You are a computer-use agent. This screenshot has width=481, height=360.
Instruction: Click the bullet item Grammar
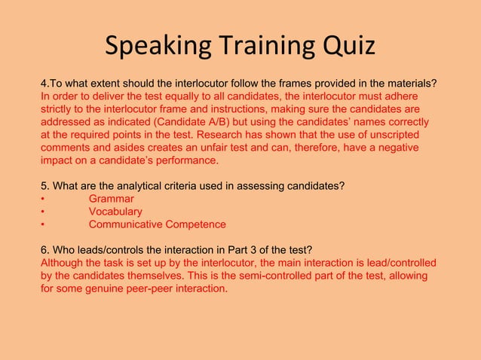tap(111, 199)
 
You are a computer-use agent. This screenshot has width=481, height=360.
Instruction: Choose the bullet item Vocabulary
tap(115, 212)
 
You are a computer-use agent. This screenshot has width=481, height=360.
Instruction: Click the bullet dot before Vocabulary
tap(43, 212)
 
